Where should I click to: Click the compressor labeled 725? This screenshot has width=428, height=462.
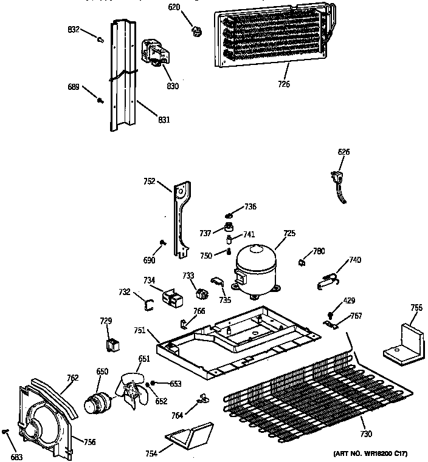(x=256, y=268)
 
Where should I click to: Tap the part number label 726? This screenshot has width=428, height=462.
(x=283, y=84)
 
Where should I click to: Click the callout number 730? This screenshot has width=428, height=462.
(x=365, y=434)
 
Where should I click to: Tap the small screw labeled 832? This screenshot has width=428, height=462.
(x=99, y=39)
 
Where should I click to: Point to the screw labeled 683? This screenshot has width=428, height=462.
(x=5, y=432)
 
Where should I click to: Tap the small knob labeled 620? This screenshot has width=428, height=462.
(x=196, y=29)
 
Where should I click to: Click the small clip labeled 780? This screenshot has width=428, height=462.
(x=300, y=262)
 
